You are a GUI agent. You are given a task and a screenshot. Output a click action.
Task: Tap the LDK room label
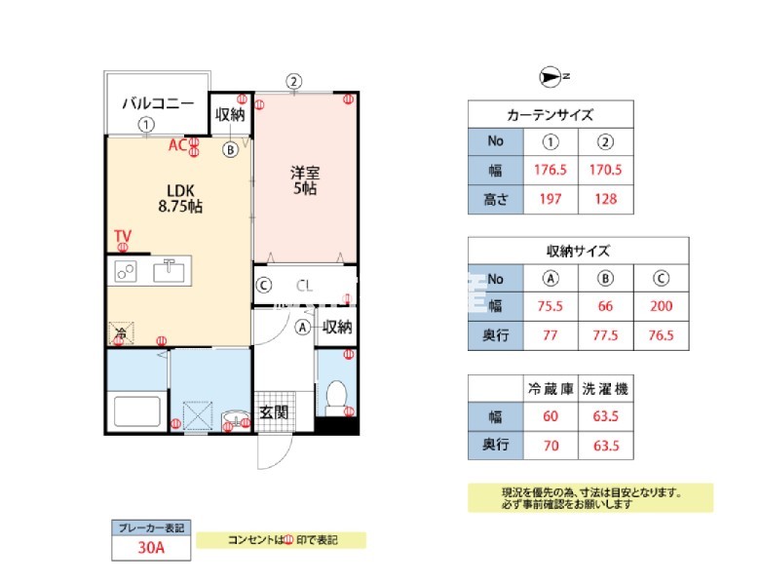tap(180, 198)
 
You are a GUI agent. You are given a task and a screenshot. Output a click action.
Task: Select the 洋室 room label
tap(305, 180)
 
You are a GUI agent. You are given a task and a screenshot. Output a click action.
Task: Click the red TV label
tap(122, 235)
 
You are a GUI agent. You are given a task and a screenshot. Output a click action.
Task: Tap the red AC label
tap(177, 145)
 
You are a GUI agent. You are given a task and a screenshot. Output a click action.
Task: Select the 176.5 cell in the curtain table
tap(551, 169)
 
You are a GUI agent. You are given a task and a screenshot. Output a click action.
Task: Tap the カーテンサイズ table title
tap(551, 114)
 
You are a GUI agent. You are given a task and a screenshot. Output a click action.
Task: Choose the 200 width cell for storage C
tap(661, 305)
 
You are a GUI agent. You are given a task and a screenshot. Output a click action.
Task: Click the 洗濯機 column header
tap(605, 388)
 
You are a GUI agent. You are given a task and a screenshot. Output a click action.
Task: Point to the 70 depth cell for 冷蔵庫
tap(551, 447)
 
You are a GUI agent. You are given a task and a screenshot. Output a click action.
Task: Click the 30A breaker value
tap(151, 548)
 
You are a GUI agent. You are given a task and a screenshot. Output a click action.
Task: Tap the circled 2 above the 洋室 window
tap(293, 81)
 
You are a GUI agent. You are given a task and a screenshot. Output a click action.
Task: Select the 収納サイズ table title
tap(578, 250)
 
